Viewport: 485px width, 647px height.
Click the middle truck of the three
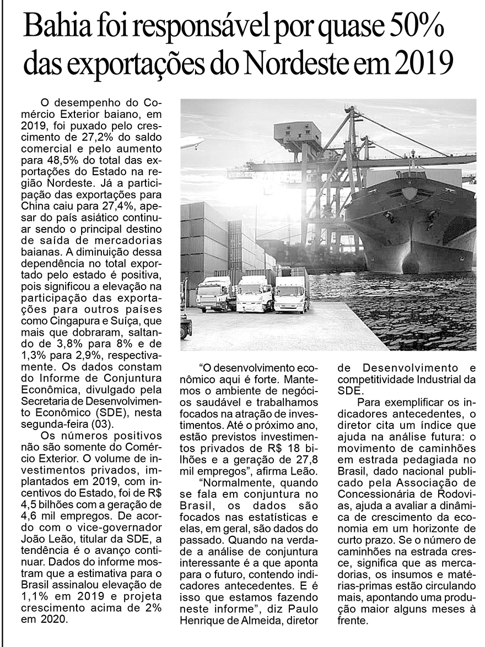(255, 295)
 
